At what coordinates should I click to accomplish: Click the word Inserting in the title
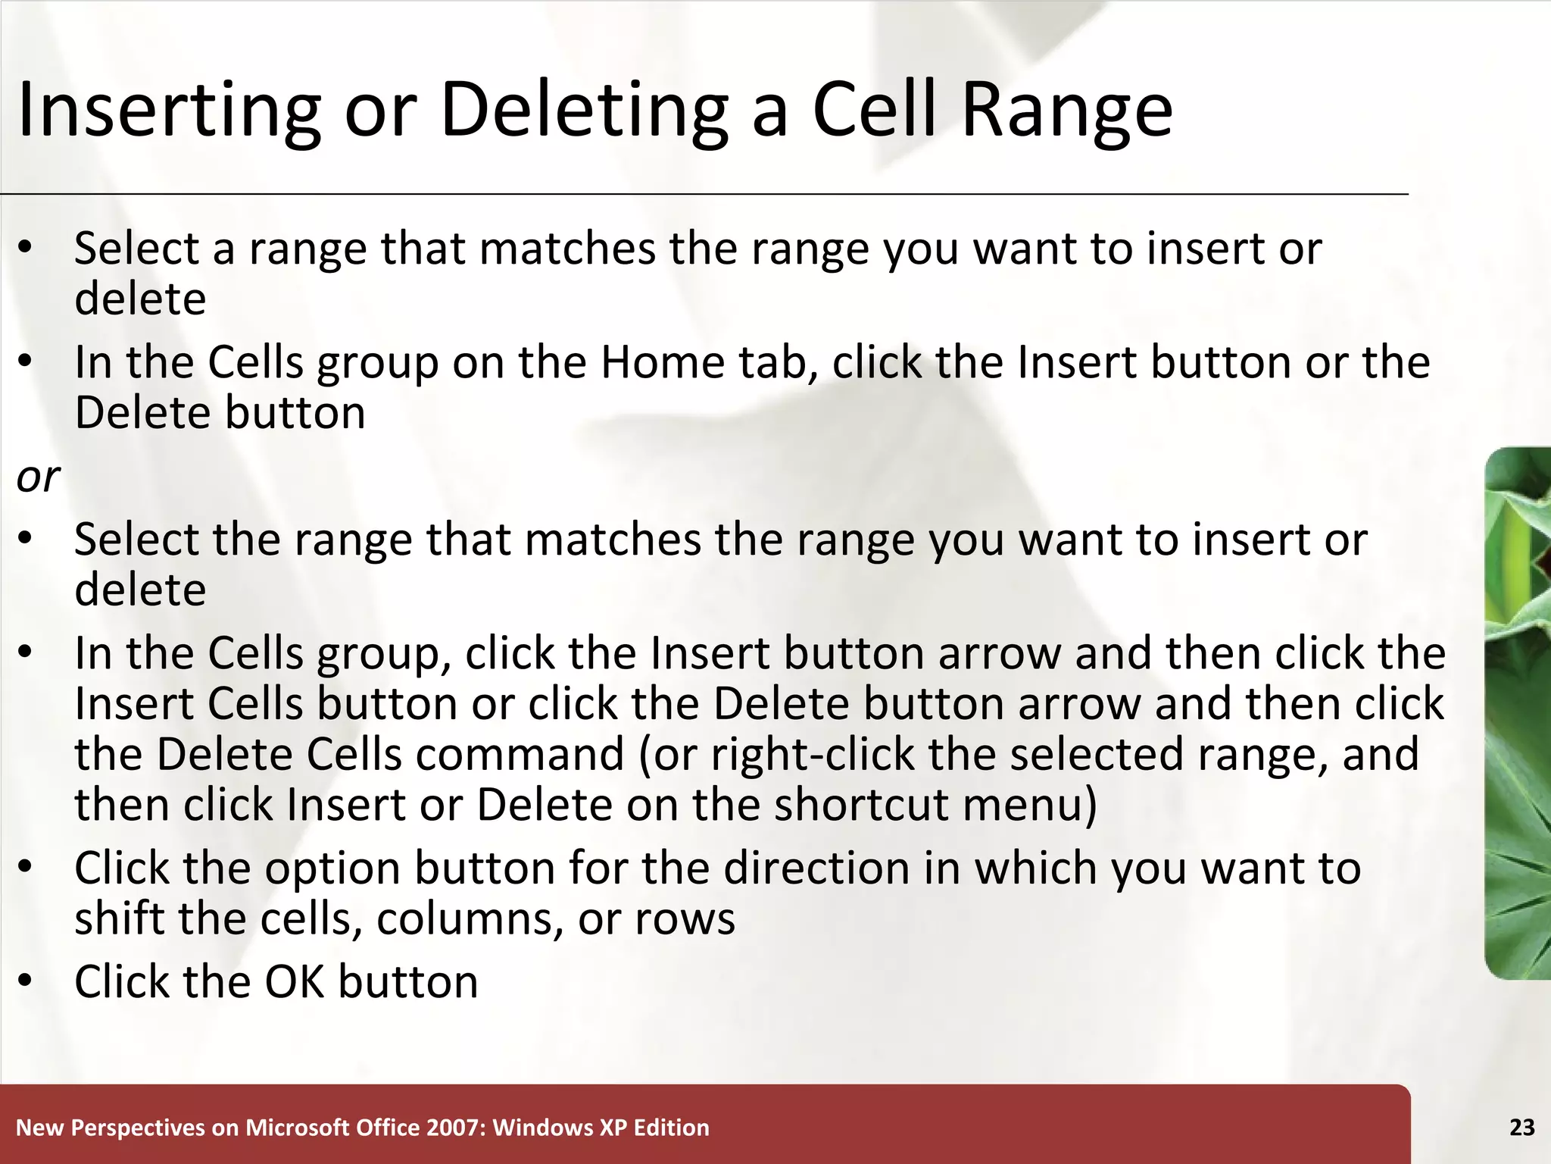click(169, 111)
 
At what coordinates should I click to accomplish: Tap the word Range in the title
click(1067, 111)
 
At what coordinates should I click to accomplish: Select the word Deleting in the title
click(583, 111)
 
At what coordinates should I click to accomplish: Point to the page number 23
click(1521, 1128)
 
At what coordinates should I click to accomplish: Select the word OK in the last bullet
click(293, 982)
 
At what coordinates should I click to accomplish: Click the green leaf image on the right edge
click(1518, 712)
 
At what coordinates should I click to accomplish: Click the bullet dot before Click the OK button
click(26, 981)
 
